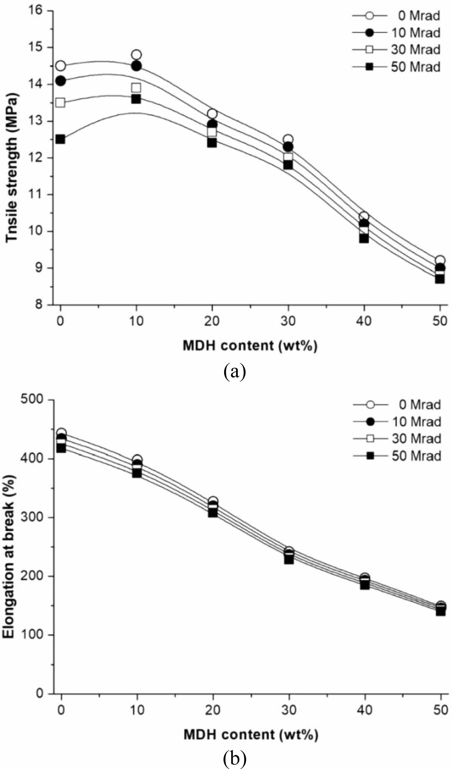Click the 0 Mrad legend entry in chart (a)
(397, 16)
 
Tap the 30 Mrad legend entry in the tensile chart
(397, 50)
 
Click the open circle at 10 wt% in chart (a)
(136, 55)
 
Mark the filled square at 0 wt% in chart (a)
(60, 139)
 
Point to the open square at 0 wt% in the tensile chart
(60, 102)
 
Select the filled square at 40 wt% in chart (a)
(364, 238)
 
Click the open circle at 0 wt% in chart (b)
(61, 433)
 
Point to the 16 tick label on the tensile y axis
(38, 11)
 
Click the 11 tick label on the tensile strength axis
(38, 194)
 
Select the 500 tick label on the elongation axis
(34, 400)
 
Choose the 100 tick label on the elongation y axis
(34, 635)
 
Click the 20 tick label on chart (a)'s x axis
(212, 321)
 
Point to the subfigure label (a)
(235, 372)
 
